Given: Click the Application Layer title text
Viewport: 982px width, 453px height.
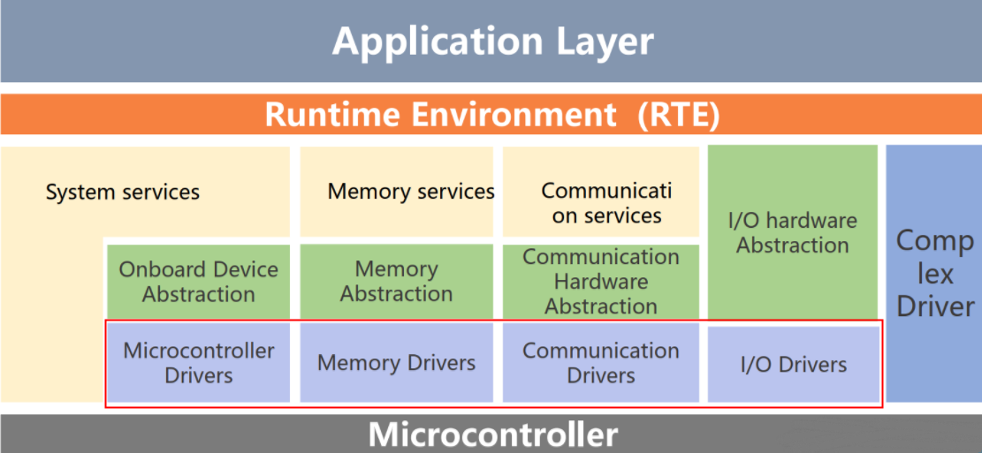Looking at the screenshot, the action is [493, 42].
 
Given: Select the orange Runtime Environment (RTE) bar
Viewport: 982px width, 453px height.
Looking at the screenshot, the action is [491, 115].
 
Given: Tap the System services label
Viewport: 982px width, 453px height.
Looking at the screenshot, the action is [123, 192].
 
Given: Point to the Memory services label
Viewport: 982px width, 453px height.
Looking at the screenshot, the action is [411, 192].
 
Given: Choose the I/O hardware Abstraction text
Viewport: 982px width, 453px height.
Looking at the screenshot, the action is [792, 233].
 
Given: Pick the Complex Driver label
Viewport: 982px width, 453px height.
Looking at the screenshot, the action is [935, 274].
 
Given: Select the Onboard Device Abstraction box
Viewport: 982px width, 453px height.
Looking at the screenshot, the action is [199, 282].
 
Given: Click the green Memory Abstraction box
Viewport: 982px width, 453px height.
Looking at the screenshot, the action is [397, 282].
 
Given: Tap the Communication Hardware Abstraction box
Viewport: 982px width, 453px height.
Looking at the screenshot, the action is [600, 282].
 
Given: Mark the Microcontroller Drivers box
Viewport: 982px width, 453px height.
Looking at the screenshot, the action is [199, 363].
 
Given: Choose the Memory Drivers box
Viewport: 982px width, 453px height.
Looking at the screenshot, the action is [397, 363].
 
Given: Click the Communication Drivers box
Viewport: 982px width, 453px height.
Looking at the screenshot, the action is [600, 363].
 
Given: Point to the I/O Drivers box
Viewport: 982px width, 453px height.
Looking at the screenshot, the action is [794, 364].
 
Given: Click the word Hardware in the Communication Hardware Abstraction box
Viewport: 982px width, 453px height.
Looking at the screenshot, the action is [600, 282].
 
